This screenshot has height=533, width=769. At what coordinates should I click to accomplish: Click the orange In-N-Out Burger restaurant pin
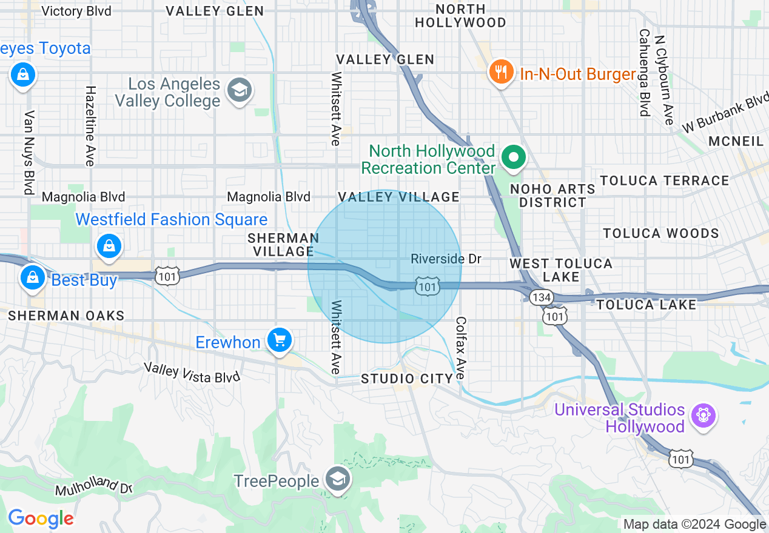tap(500, 72)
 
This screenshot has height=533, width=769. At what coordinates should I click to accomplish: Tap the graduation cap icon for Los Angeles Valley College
tap(239, 91)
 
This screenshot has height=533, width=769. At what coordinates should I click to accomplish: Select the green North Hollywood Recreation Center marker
tap(514, 157)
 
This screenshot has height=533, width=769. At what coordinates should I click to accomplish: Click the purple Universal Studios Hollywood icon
tap(703, 416)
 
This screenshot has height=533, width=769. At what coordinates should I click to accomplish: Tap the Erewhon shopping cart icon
tap(279, 340)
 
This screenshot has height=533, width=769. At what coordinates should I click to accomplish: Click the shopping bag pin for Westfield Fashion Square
tap(109, 246)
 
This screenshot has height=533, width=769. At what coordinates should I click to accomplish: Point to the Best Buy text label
tap(84, 280)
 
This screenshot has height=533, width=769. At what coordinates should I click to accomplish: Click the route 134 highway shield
tap(539, 297)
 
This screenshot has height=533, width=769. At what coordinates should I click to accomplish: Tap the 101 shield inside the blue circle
tap(427, 286)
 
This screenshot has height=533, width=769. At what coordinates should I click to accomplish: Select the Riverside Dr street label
tap(446, 259)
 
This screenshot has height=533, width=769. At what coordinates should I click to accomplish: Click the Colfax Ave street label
tap(462, 348)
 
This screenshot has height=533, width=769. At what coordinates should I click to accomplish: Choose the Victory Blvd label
tap(76, 11)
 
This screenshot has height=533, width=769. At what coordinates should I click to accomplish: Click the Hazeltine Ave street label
tap(90, 125)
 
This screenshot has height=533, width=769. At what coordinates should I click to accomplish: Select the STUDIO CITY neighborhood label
tap(407, 379)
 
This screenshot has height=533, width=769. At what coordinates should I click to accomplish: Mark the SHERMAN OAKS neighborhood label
tap(66, 316)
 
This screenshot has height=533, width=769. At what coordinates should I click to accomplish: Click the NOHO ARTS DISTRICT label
tap(552, 196)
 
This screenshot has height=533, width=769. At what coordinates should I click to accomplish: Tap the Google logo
tap(41, 518)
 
